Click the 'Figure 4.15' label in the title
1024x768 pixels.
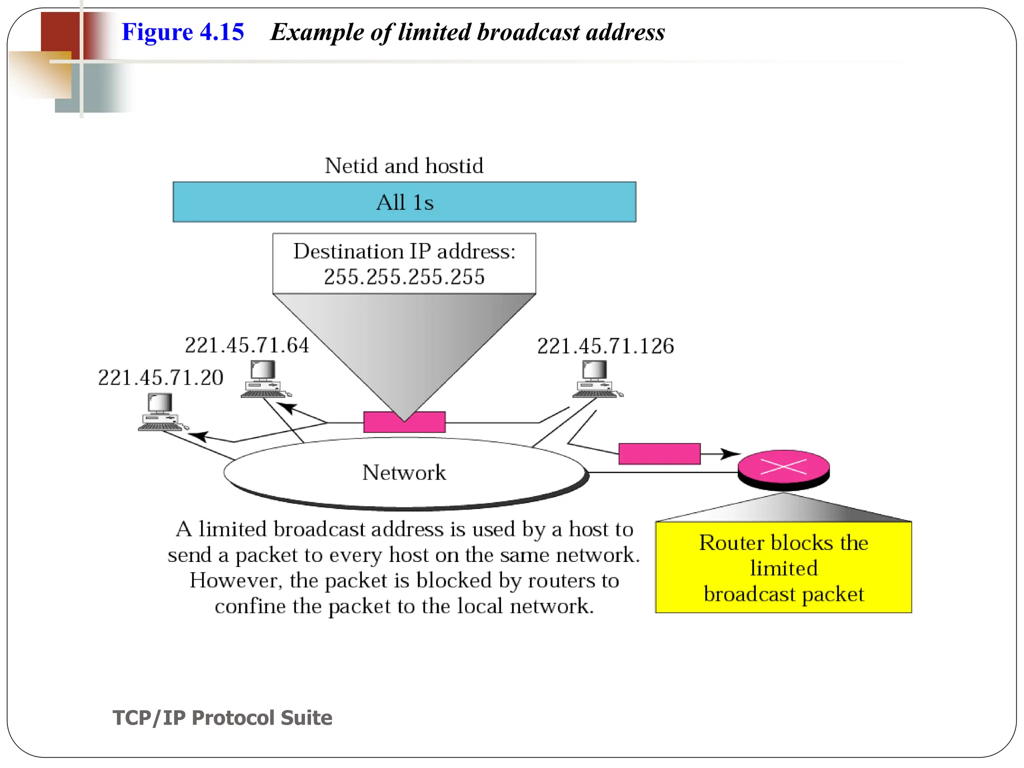tap(182, 32)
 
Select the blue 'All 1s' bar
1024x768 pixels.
tap(404, 202)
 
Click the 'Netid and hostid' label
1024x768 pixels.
tap(404, 165)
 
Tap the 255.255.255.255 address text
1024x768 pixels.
tap(404, 276)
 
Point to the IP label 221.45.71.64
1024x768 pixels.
tap(247, 345)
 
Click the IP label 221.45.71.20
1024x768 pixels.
tap(160, 377)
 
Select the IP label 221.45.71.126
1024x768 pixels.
tap(605, 346)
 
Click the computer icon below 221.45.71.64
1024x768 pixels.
tap(264, 379)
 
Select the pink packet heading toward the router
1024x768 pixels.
tap(659, 453)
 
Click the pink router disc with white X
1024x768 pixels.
tap(783, 467)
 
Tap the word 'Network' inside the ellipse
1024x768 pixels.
tap(404, 472)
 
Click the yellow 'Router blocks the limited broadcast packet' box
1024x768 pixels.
tap(783, 567)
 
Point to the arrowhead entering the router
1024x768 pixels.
tap(731, 454)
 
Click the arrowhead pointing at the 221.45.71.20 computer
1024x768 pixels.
tap(197, 436)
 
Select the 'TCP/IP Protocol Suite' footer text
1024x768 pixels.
tap(222, 717)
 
